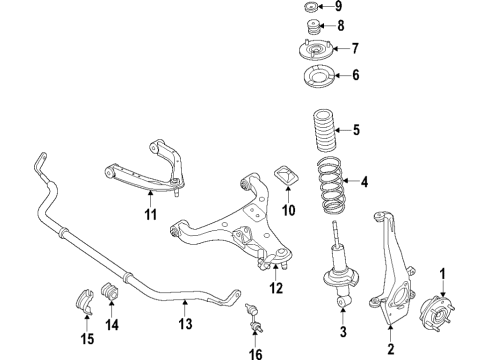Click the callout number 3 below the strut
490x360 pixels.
[x=342, y=332]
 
